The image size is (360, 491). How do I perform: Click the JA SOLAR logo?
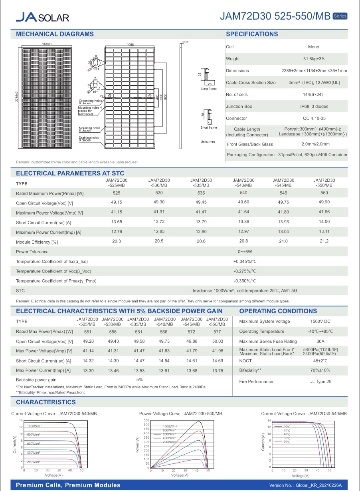click(42, 17)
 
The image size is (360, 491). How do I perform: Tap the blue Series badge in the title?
click(340, 16)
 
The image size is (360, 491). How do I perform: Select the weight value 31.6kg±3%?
click(314, 59)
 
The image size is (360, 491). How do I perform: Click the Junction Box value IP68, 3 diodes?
click(314, 106)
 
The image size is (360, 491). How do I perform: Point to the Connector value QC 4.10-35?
click(314, 118)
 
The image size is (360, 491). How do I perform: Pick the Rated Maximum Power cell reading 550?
click(324, 193)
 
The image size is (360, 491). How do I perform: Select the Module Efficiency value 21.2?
click(324, 241)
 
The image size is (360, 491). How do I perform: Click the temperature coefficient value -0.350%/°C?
click(245, 281)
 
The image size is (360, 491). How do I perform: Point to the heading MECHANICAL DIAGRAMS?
click(55, 34)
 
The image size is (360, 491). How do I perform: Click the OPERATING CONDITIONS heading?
click(278, 311)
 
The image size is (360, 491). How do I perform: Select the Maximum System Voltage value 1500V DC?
click(320, 321)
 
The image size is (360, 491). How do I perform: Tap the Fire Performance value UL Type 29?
click(320, 382)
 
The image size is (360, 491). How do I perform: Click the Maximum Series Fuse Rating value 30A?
click(320, 341)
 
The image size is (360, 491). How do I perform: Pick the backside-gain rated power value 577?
click(218, 331)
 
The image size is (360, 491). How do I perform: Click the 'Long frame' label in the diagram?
click(208, 89)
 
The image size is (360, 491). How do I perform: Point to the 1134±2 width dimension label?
click(47, 43)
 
